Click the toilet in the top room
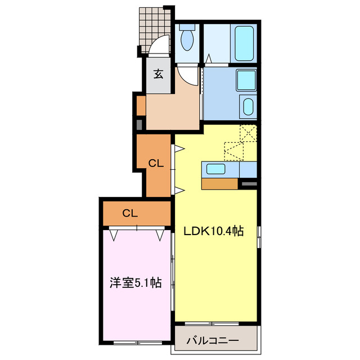pos(188,40)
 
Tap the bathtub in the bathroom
pos(244,43)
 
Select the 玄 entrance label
pos(159,74)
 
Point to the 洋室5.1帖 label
pos(136,283)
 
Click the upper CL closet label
pos(156,164)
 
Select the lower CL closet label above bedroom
pos(130,213)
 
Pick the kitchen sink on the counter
pos(216,169)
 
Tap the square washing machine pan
pos(246,80)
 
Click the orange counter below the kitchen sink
pos(219,183)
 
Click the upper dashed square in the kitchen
pos(248,133)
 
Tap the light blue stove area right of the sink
pos(247,169)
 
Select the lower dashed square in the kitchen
pos(233,151)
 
